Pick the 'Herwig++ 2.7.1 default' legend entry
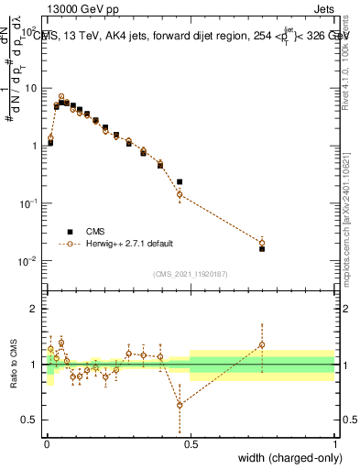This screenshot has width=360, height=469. pyautogui.click(x=115, y=245)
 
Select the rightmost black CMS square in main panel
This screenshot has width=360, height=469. pyautogui.click(x=262, y=248)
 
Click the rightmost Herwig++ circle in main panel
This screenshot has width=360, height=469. pyautogui.click(x=262, y=242)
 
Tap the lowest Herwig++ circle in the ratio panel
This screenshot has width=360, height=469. pyautogui.click(x=180, y=405)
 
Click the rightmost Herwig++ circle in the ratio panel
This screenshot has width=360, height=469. pyautogui.click(x=262, y=345)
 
